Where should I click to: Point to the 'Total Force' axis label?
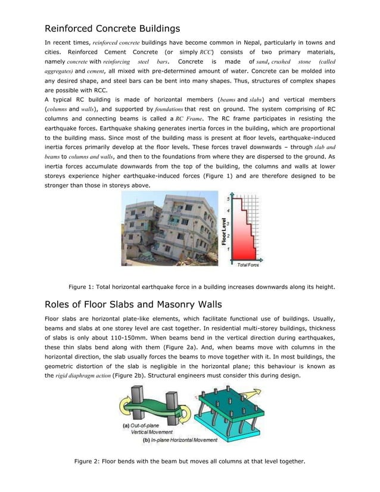[x=248, y=264]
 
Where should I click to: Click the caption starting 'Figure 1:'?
[x=202, y=286]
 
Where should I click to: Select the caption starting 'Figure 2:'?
[x=189, y=461]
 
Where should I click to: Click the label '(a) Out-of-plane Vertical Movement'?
[x=148, y=429]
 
